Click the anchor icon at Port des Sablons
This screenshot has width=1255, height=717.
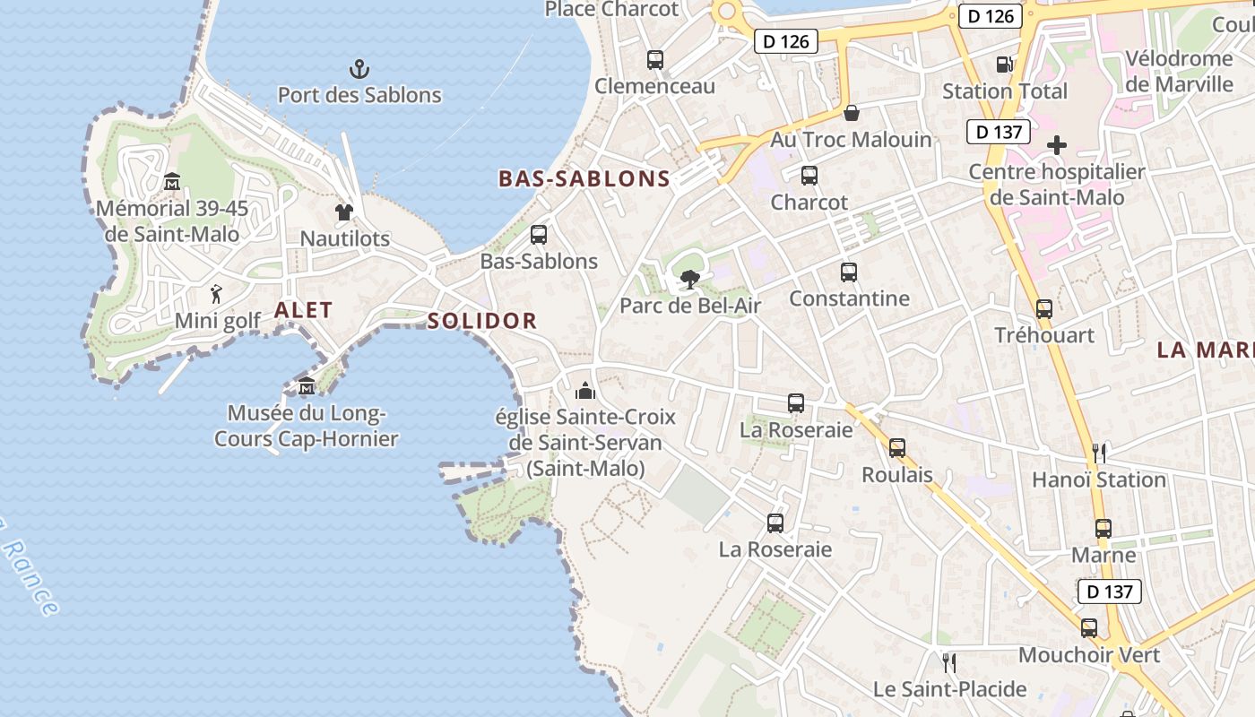point(359,68)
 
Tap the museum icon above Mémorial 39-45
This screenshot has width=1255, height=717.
point(172,182)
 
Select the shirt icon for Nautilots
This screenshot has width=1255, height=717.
point(344,212)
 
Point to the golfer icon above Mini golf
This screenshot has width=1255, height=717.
point(216,294)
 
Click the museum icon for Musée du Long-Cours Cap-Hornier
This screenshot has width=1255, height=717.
point(307,386)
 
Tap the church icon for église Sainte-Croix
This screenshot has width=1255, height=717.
point(585,391)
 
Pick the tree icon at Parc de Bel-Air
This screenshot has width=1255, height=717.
point(689,280)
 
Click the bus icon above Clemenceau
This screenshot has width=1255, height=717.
point(655,60)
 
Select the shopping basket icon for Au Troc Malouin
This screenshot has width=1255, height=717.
point(852,113)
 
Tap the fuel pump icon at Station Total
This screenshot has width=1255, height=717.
point(1004,65)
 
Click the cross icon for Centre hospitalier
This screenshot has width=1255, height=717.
point(1057,144)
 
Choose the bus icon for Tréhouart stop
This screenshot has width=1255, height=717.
point(1044,309)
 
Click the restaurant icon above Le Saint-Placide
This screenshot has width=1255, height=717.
point(949,663)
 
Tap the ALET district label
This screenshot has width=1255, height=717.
point(303,310)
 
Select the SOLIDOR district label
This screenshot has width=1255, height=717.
point(482,321)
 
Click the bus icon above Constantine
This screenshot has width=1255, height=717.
point(849,272)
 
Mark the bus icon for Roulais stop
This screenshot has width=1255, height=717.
point(897,448)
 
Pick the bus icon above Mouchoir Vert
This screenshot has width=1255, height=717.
point(1089,628)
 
